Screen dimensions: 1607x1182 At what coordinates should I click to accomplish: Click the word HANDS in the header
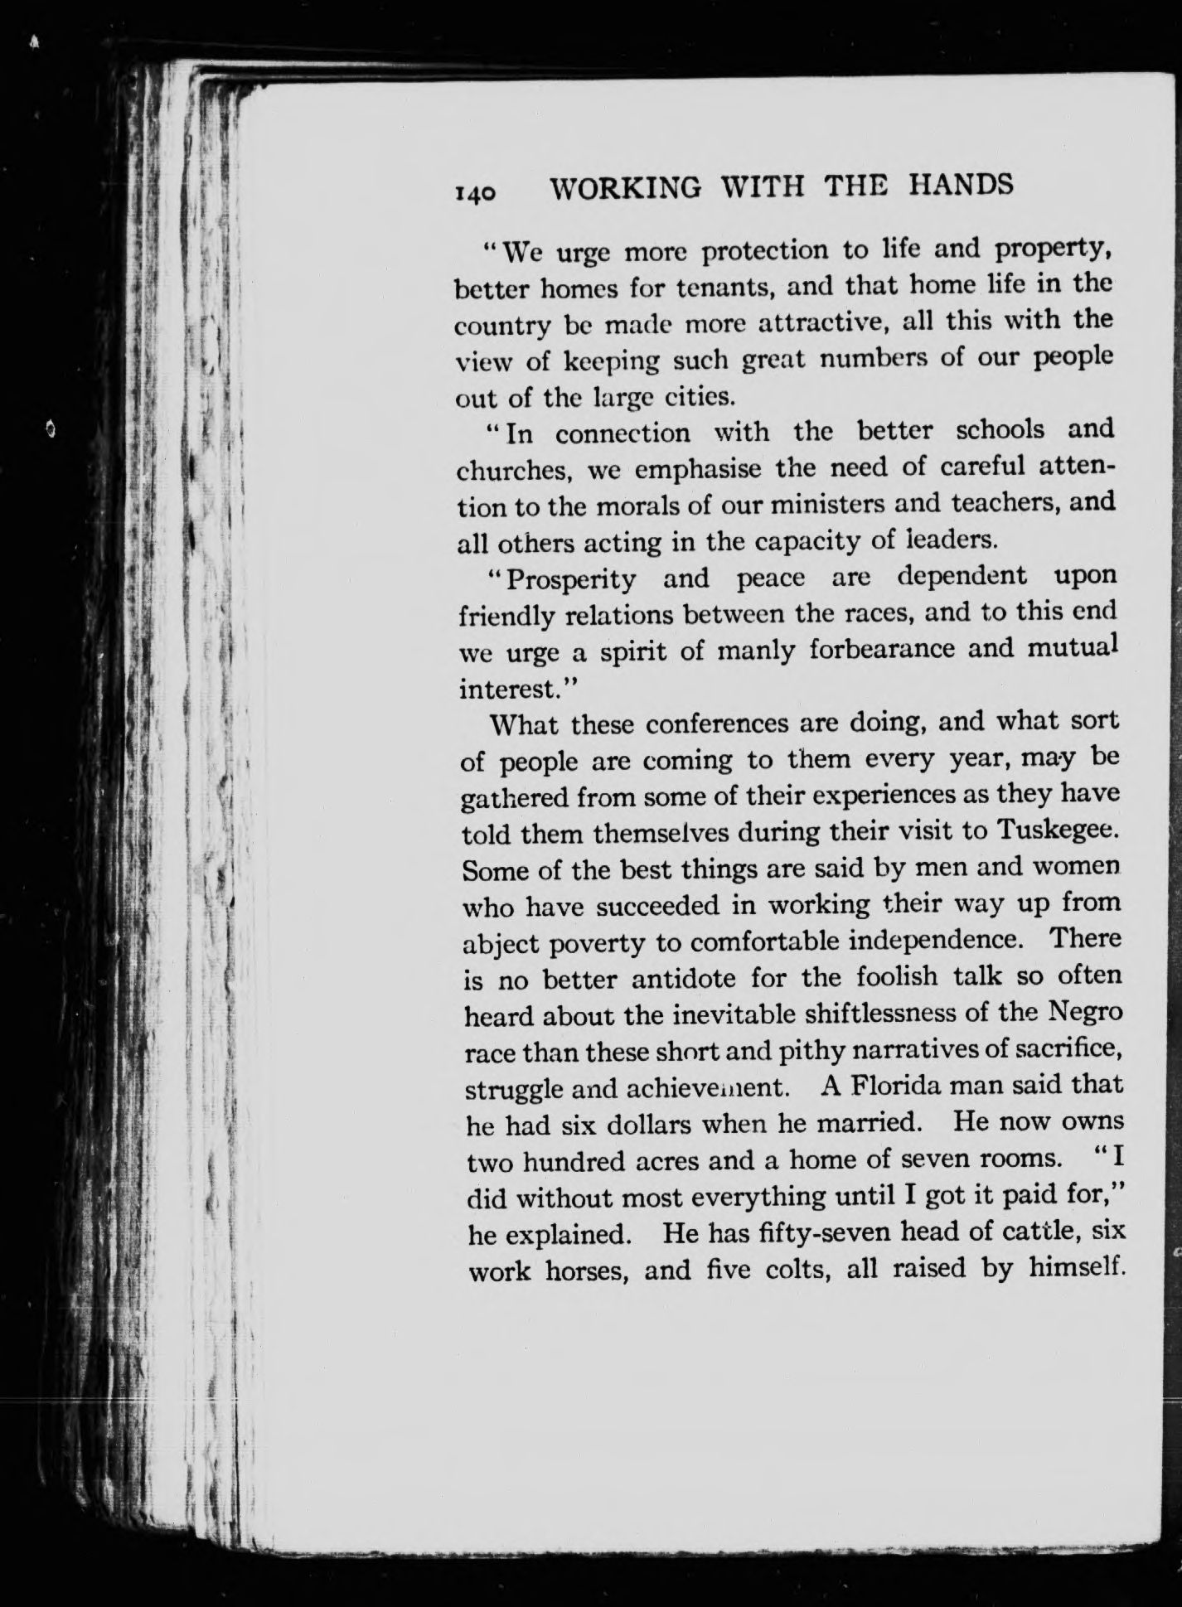click(961, 183)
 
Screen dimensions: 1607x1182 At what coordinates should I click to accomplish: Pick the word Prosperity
click(571, 578)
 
